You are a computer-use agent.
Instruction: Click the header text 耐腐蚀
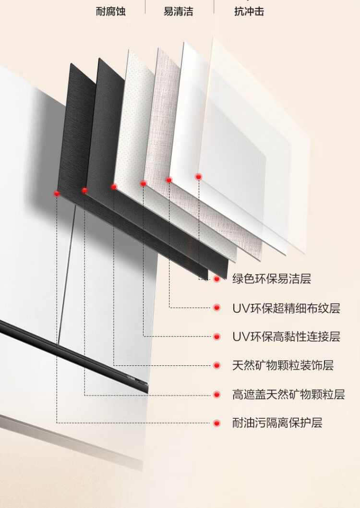click(x=110, y=12)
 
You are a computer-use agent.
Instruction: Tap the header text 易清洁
click(x=179, y=12)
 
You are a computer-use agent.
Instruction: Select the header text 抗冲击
click(x=249, y=12)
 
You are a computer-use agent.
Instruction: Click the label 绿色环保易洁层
click(x=272, y=278)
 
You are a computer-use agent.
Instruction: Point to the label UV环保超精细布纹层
click(x=286, y=308)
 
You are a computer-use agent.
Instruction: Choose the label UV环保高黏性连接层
click(x=286, y=337)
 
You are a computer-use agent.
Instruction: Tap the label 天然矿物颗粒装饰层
click(x=283, y=365)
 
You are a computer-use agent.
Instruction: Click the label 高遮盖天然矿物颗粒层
click(x=288, y=394)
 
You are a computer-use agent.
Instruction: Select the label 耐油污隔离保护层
click(x=277, y=423)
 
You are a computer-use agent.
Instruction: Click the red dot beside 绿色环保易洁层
click(x=216, y=278)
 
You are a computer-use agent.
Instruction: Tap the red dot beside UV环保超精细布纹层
click(x=216, y=308)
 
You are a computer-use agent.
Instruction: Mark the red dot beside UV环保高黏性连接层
click(x=216, y=337)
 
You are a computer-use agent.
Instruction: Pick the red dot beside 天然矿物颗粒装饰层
click(x=216, y=365)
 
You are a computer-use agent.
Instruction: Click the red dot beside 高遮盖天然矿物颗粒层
click(x=216, y=394)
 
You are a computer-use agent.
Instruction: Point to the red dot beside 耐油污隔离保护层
click(x=216, y=423)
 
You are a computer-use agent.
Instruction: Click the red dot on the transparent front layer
click(x=198, y=177)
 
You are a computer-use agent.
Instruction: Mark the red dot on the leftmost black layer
click(x=57, y=194)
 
